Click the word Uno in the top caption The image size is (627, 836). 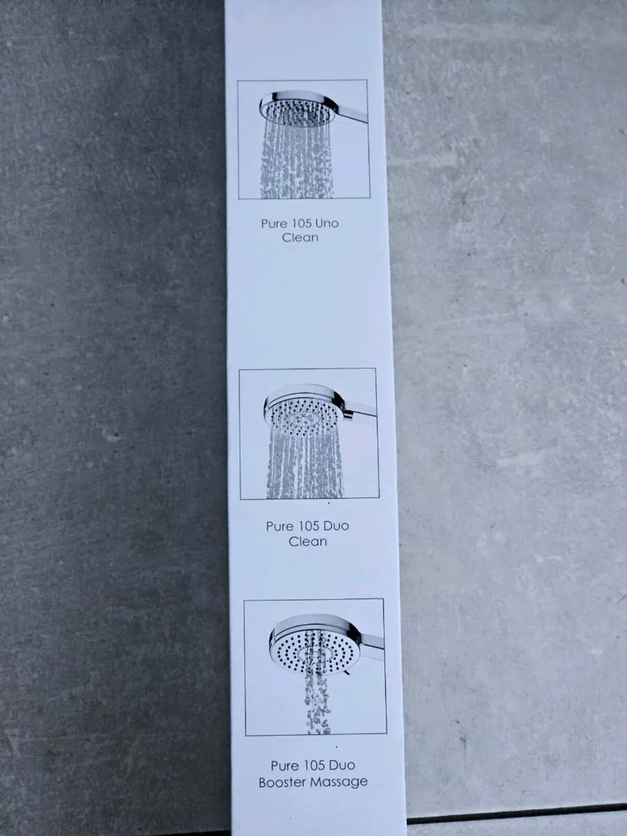325,224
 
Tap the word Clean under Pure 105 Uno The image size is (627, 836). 300,238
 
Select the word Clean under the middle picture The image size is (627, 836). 308,541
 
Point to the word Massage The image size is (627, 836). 339,782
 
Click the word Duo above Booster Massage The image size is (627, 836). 341,766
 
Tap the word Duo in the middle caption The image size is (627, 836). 336,526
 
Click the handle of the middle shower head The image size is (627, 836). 361,412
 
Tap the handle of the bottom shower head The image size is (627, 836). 371,644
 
